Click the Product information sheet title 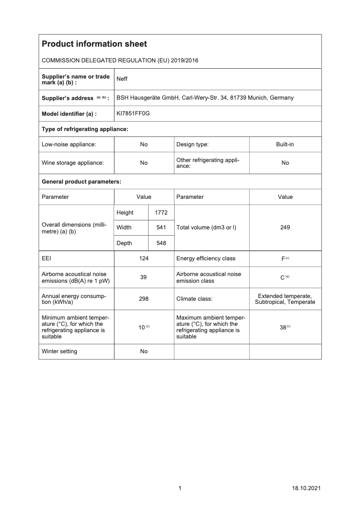94,44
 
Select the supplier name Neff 122,79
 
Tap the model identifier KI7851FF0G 133,114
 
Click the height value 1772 161,212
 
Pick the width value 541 161,228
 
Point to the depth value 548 161,243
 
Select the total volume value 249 285,228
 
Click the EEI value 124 144,258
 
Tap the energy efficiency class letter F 283,259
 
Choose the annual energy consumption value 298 144,298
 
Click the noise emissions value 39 144,277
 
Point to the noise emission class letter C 282,278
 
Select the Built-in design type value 285,144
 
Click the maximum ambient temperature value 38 283,327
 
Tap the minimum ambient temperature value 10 141,327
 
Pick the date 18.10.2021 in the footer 306,488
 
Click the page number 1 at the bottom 180,488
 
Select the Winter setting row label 59,351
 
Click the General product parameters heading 81,181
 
